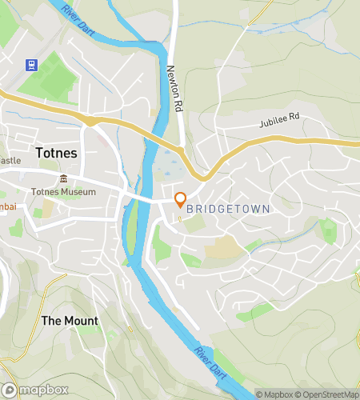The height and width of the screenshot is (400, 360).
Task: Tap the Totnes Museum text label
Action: click(63, 192)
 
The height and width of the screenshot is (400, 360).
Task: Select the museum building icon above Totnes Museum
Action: click(63, 178)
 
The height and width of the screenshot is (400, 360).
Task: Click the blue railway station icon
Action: click(32, 65)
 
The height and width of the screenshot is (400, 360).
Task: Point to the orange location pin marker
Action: click(180, 199)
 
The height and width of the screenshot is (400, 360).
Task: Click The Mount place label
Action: click(70, 321)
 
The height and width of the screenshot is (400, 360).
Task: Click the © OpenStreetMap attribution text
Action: click(328, 394)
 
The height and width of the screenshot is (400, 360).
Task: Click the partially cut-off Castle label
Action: click(10, 160)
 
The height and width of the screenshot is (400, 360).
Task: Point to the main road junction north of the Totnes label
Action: click(92, 121)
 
